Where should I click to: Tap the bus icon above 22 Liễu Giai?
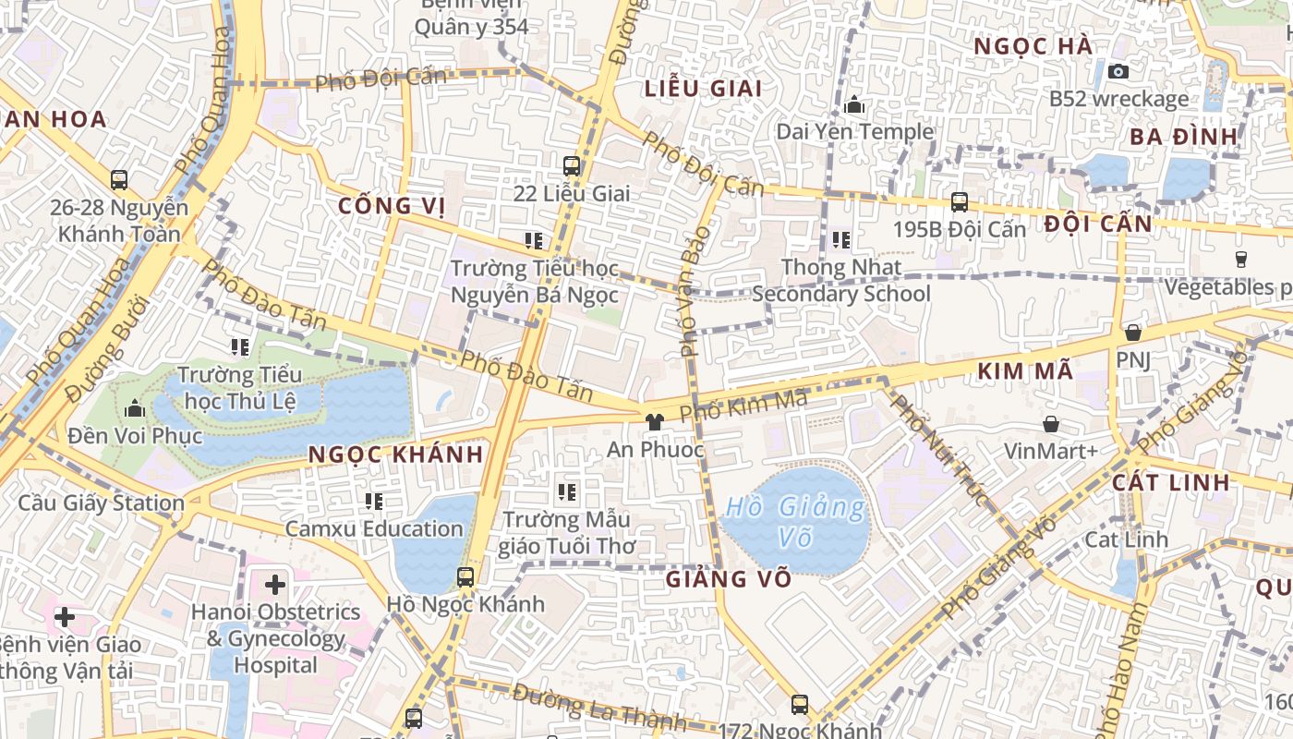[572, 166]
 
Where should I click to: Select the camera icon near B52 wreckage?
[1118, 71]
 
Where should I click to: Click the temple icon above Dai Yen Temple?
[854, 104]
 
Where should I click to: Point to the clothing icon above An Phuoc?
[655, 422]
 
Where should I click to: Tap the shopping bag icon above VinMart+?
[1051, 424]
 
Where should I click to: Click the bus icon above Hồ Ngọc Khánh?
[465, 577]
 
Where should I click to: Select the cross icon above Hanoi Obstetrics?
[275, 584]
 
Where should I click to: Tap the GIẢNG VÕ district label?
[729, 579]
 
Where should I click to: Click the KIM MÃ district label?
[1024, 371]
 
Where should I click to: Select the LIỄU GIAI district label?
[704, 89]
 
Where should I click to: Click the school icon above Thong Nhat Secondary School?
[840, 240]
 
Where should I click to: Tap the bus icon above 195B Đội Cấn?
[960, 201]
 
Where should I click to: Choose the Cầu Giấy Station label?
[102, 503]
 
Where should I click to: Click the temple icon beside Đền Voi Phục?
[135, 407]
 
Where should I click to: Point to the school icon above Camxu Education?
[374, 502]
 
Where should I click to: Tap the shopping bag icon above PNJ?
[1133, 333]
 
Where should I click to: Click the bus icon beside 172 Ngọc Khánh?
[800, 705]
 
